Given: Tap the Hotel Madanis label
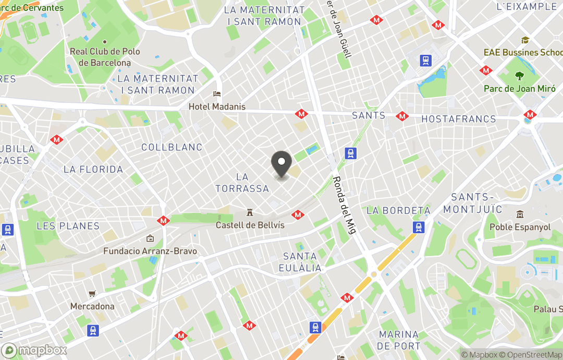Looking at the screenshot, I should point(217,106).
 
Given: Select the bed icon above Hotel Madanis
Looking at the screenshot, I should point(217,94).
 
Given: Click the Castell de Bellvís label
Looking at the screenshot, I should point(250,225).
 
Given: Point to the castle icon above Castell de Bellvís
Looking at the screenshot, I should point(250,212).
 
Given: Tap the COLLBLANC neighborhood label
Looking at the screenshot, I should point(172,148).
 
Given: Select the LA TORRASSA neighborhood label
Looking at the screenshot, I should point(242,183).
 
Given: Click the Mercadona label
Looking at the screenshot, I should point(92,306).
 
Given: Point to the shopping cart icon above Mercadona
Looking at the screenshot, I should point(92,294).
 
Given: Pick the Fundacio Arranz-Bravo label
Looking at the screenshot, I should point(150,251).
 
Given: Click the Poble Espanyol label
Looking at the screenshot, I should point(520,227).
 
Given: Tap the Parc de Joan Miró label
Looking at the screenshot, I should point(519,89).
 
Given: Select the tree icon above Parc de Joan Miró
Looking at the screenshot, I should point(519,76).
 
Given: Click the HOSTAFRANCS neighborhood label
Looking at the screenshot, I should point(459,119).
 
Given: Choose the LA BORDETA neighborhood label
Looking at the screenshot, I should point(398,210).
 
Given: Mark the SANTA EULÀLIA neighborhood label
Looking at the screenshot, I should point(300,262).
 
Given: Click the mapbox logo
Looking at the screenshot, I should point(34,350).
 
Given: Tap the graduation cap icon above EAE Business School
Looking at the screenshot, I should point(525,40).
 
